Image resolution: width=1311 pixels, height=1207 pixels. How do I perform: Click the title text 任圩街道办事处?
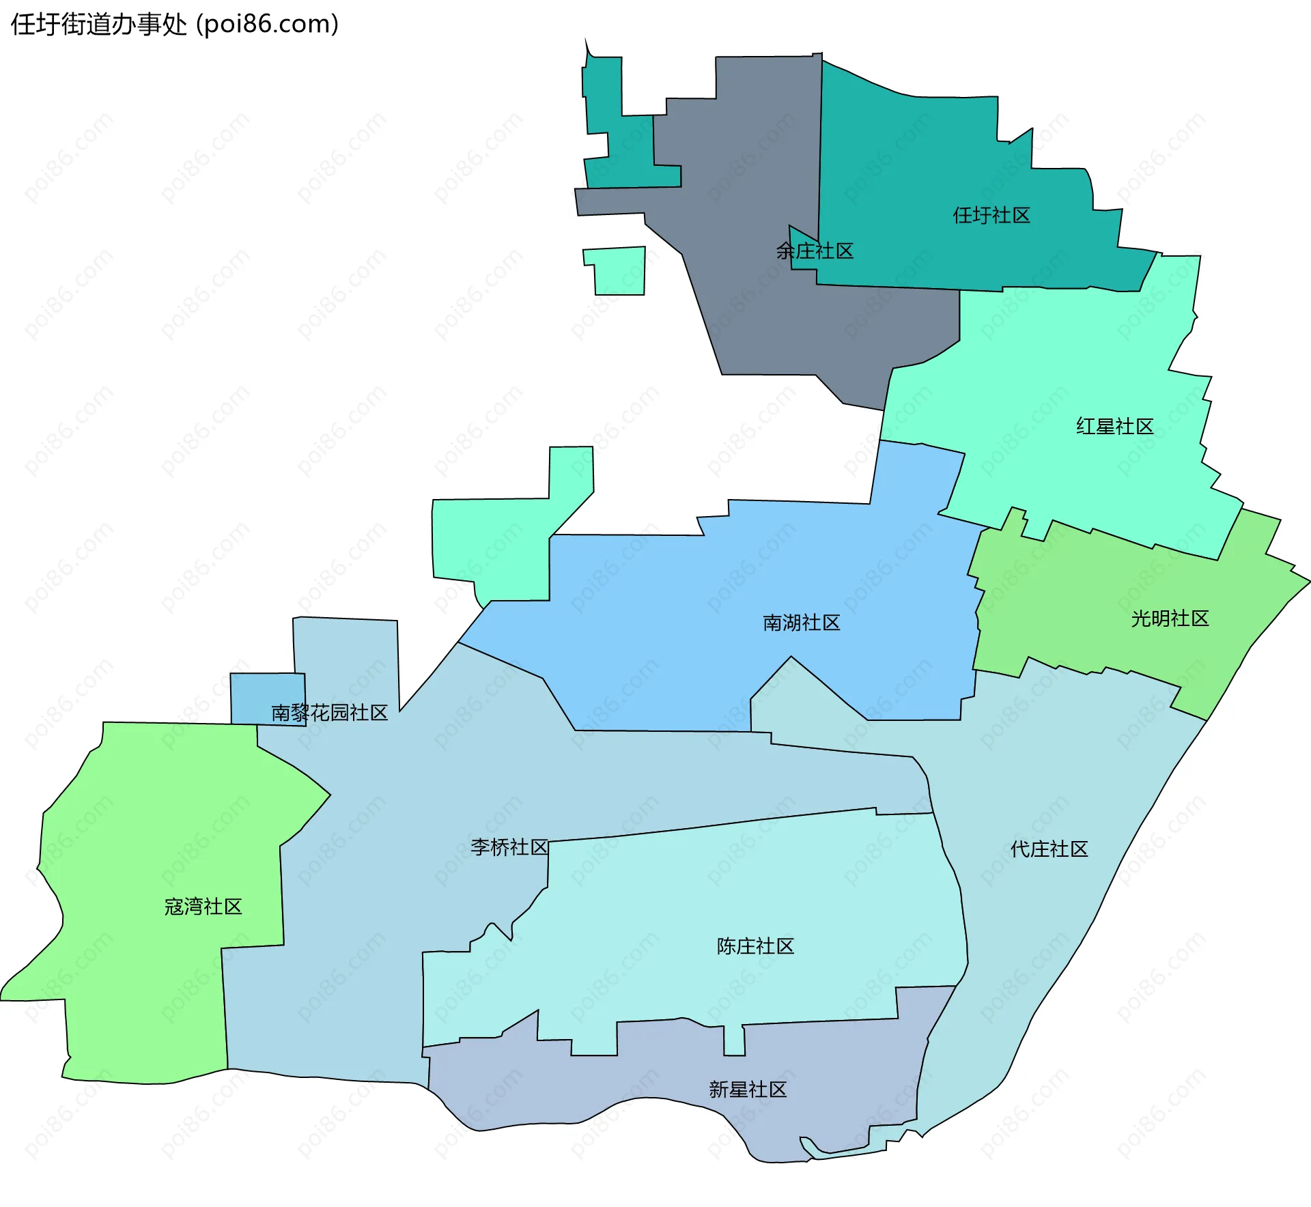pos(98,25)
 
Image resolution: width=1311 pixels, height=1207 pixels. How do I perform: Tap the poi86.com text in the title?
pos(267,25)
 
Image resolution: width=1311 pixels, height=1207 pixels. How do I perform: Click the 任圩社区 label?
pos(991,216)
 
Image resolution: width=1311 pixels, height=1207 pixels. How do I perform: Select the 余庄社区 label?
pos(815,251)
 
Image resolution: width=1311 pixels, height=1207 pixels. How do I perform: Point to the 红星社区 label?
pos(1115,427)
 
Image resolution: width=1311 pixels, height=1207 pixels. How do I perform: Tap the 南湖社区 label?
pos(802,623)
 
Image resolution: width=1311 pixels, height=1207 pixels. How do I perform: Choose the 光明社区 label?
pos(1170,619)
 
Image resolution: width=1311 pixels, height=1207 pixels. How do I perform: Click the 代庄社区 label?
pos(1049,849)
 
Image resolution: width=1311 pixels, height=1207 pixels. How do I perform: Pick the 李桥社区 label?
pos(509,847)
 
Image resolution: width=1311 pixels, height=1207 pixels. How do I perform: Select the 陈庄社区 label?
pos(756,946)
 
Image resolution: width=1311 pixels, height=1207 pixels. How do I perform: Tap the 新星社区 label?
pos(748,1090)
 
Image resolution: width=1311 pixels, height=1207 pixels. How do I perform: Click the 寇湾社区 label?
pos(203,907)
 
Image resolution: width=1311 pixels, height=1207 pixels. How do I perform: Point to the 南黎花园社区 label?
pos(330,713)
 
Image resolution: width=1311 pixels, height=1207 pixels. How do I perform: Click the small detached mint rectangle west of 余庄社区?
pos(619,271)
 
